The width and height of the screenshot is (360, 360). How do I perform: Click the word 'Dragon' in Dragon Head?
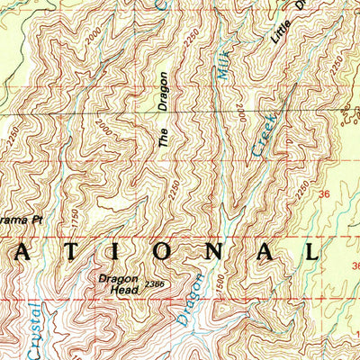(x=118, y=278)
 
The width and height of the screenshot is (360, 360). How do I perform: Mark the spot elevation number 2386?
(x=154, y=285)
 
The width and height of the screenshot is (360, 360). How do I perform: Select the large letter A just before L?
(x=262, y=251)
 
